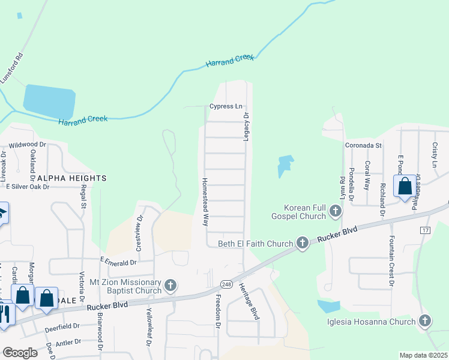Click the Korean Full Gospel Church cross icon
coord(336,211)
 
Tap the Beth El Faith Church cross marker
coord(302,243)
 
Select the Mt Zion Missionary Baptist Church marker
coord(170,286)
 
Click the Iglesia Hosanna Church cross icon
coord(426,322)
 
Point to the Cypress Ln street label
coord(226,106)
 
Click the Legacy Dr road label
coord(246,126)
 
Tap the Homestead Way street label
coord(205,201)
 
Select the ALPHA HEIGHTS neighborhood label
coord(71,178)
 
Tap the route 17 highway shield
coord(426,230)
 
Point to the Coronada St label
coord(363,145)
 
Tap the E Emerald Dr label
coord(118,262)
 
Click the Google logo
coord(20,353)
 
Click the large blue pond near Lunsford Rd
coord(49,101)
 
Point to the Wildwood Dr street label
coord(28,145)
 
